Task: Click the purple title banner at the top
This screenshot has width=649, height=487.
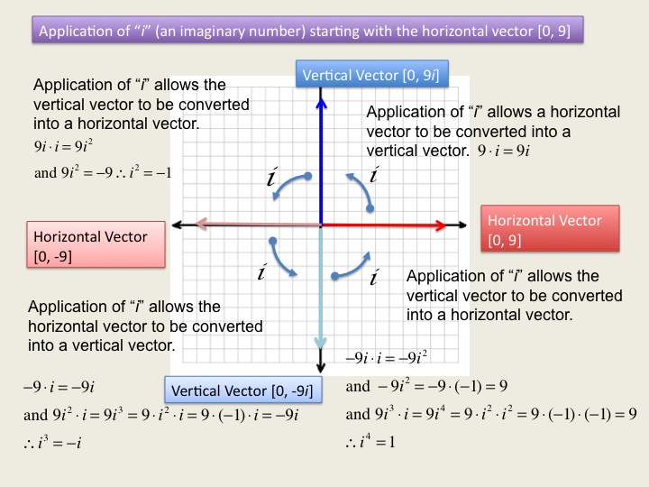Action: [x=307, y=30]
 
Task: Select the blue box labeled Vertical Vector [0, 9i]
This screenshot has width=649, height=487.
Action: [x=372, y=74]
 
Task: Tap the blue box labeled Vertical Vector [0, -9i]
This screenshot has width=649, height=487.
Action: [x=243, y=390]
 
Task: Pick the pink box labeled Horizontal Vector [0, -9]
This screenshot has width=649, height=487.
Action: [x=96, y=244]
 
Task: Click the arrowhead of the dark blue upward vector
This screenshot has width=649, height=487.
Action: [x=321, y=103]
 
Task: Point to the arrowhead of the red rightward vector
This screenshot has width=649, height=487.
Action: [x=441, y=225]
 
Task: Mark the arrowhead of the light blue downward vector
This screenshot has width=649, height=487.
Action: [x=321, y=343]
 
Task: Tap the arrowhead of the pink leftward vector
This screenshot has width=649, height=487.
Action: [x=201, y=225]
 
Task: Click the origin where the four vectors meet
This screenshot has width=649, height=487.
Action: [x=321, y=225]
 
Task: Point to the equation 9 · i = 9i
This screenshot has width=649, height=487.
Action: [x=504, y=151]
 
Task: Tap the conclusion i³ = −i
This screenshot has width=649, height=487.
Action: [x=52, y=443]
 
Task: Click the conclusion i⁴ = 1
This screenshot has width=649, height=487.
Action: [x=370, y=441]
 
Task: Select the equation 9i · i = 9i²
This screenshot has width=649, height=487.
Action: [x=63, y=146]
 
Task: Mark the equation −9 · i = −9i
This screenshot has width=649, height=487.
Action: [x=59, y=387]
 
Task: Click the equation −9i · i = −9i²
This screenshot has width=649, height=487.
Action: [x=387, y=357]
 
